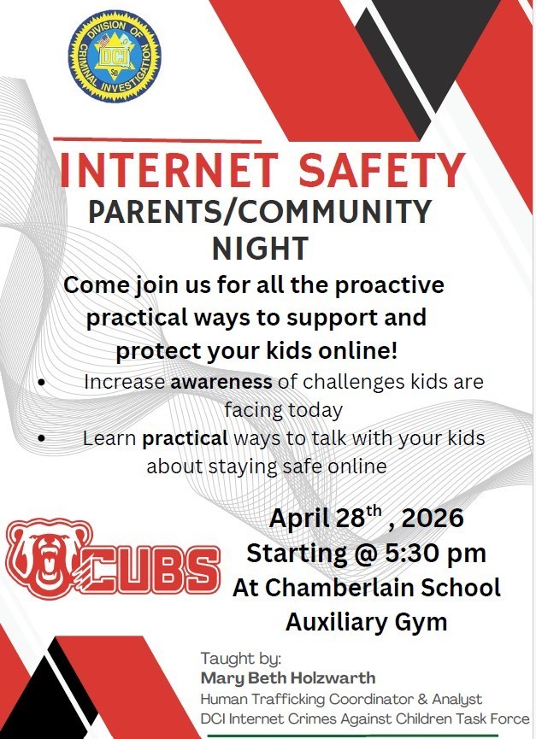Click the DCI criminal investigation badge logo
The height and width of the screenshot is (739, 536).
tap(115, 56)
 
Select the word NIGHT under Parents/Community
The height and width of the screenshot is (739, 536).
tap(260, 248)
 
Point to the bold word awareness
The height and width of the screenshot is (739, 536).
tap(221, 382)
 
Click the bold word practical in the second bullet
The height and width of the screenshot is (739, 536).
tap(185, 438)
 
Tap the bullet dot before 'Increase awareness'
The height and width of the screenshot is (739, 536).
tap(42, 384)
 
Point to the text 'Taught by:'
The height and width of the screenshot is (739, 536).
tap(240, 659)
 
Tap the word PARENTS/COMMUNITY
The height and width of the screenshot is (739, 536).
tap(260, 211)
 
